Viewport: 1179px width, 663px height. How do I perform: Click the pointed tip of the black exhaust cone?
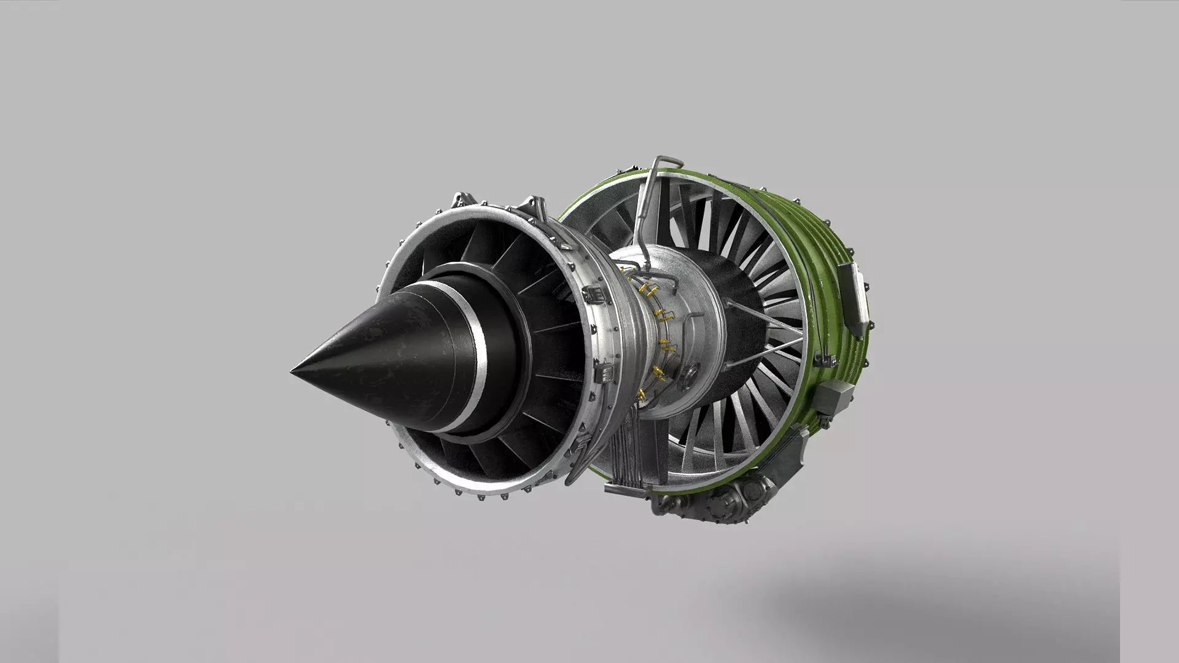click(294, 371)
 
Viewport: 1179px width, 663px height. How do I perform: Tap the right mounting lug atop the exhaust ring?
click(534, 206)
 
